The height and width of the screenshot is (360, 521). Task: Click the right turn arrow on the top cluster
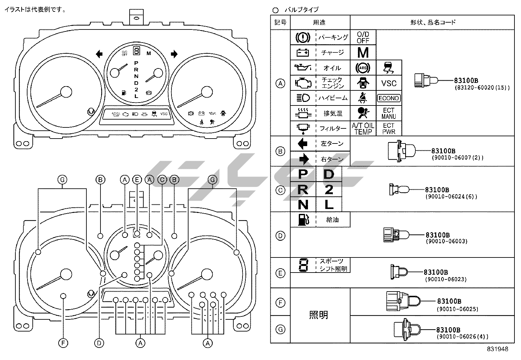(174, 54)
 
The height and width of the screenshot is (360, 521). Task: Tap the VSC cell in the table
(389, 83)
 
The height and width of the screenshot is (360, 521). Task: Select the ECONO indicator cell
(389, 98)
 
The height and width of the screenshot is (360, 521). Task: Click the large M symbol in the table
(363, 52)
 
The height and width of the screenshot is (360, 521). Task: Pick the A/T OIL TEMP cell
(363, 128)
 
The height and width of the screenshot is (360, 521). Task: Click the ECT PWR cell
(389, 128)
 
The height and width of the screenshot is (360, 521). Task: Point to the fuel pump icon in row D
(303, 219)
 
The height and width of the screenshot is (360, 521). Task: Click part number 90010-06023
(446, 279)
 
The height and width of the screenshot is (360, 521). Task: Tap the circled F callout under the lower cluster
(63, 343)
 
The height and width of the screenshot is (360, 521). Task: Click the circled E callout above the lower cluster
(137, 180)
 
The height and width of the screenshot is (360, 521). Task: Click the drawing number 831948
(497, 349)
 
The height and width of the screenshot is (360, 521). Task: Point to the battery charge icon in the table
(303, 52)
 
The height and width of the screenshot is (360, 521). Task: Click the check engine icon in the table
(303, 83)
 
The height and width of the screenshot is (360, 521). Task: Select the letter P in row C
(303, 174)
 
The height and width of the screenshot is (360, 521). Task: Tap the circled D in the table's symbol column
(280, 236)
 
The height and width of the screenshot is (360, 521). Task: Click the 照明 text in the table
(318, 315)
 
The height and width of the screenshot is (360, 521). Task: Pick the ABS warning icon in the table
(363, 68)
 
